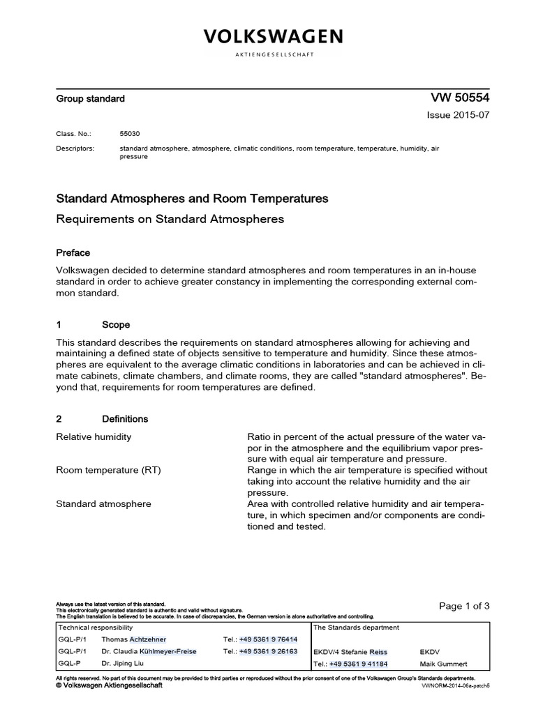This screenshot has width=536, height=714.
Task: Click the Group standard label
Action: coord(90,99)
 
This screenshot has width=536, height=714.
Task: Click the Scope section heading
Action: coord(115,325)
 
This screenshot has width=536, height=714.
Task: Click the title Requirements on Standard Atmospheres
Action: coord(170,219)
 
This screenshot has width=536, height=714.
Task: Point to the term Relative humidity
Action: coord(94,437)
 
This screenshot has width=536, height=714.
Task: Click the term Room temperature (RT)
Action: coord(108,471)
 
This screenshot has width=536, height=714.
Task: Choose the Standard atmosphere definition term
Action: coord(103,503)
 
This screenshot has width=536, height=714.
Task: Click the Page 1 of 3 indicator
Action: coord(464,606)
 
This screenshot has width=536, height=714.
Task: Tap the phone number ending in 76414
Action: coord(268,639)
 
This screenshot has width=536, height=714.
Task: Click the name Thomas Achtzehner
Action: coord(134,639)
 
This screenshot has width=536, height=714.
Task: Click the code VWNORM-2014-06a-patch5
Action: coord(456,686)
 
